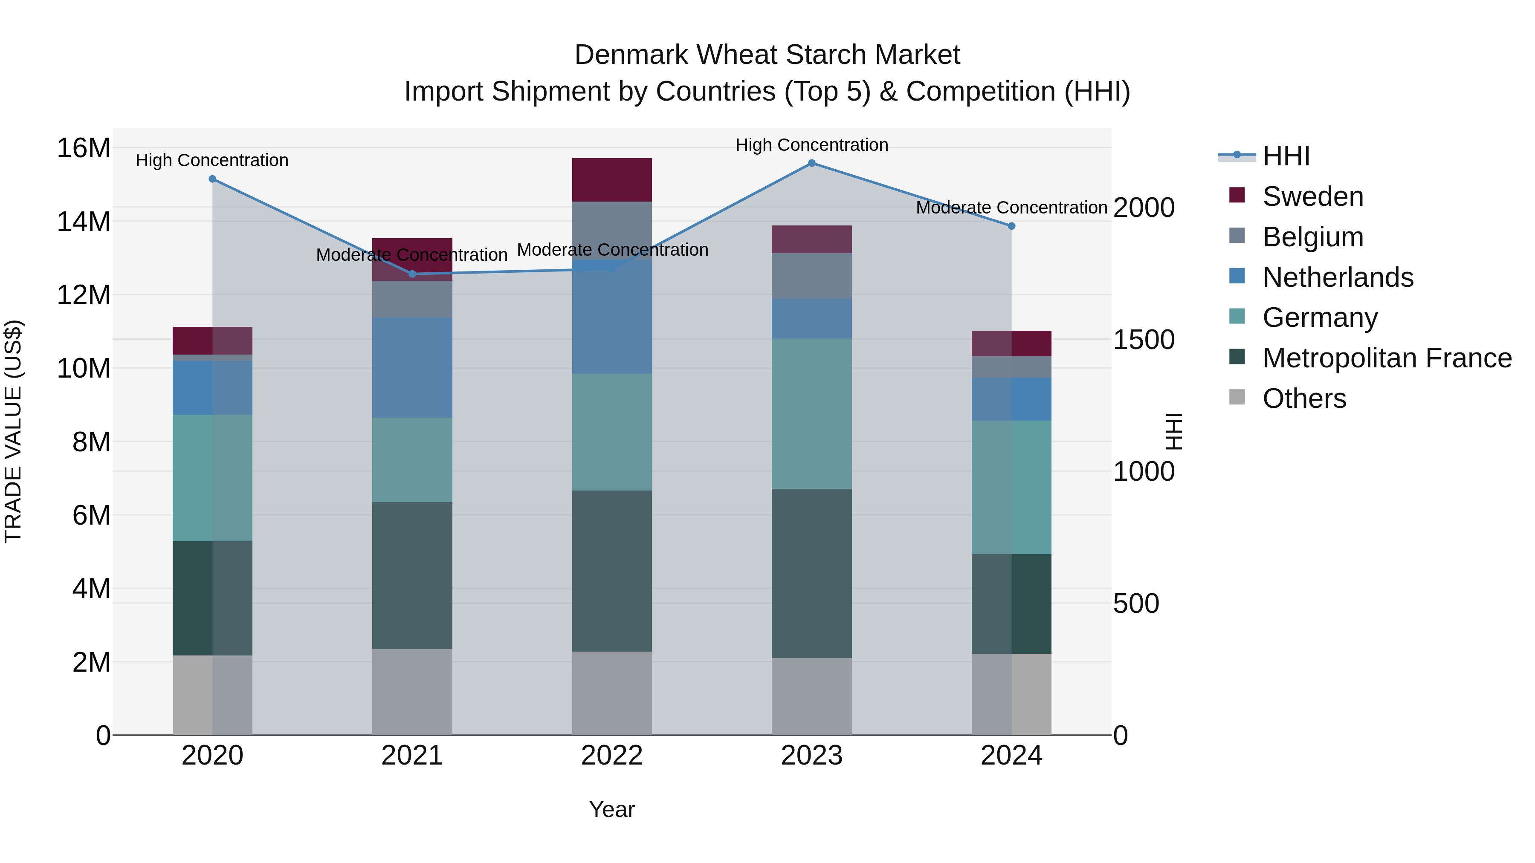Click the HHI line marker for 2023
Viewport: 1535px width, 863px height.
(x=811, y=163)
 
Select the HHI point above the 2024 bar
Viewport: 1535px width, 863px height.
(x=1011, y=226)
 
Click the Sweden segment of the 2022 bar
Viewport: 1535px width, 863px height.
(x=612, y=180)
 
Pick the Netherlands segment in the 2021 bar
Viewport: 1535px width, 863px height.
(x=412, y=367)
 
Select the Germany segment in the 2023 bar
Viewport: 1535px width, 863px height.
(x=811, y=414)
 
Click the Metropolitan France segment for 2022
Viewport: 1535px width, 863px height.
(x=612, y=571)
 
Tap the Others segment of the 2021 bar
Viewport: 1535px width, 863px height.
(x=412, y=692)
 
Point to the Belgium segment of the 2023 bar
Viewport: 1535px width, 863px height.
(x=811, y=276)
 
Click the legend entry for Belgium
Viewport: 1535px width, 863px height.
(x=1313, y=237)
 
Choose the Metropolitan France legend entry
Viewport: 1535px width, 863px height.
(x=1387, y=358)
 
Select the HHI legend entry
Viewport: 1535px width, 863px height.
(x=1286, y=156)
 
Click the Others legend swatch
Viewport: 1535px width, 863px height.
(x=1237, y=397)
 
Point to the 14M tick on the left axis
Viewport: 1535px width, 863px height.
(x=84, y=222)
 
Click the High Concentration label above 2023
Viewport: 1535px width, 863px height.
(x=811, y=145)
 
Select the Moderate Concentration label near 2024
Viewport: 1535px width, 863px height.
(x=1011, y=208)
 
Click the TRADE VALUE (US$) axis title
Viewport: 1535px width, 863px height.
(x=14, y=431)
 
